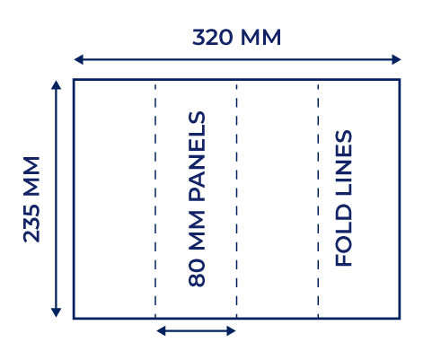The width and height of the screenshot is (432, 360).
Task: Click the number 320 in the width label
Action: tap(212, 38)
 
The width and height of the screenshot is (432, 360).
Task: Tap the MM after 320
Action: tap(260, 38)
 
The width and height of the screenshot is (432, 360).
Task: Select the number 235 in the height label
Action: tap(31, 224)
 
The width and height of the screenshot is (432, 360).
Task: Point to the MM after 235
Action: tap(31, 176)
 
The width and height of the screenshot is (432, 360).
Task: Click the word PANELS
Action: tap(197, 156)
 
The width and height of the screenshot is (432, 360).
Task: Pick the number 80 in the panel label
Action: tap(197, 273)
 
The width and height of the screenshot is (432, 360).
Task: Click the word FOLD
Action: tap(343, 235)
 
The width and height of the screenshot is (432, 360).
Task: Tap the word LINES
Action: tap(343, 163)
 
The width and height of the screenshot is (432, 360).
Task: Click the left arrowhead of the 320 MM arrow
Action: tap(78, 59)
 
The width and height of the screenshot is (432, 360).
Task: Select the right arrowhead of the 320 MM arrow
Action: tap(396, 59)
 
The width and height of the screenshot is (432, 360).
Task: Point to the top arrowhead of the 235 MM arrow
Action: tap(56, 84)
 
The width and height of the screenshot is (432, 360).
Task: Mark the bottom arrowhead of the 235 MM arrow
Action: tap(56, 312)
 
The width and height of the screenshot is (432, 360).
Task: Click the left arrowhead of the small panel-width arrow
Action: tap(161, 330)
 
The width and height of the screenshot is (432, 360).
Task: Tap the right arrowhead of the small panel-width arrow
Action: tap(231, 330)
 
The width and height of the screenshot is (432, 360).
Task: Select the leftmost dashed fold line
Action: tap(155, 199)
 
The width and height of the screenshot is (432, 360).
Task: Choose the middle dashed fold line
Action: tap(236, 199)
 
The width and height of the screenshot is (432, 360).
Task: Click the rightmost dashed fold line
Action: tap(318, 199)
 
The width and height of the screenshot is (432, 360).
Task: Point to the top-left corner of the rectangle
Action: tap(74, 79)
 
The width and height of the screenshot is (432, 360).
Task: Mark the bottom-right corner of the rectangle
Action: tap(400, 319)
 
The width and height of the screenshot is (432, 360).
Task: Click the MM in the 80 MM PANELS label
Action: tap(197, 231)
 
